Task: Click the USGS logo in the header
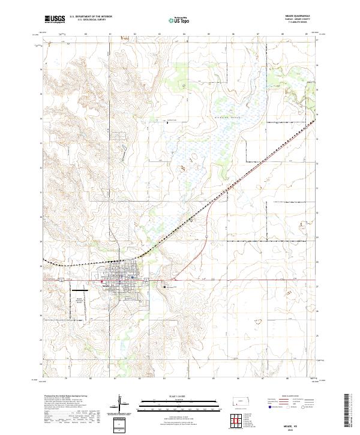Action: click(x=54, y=19)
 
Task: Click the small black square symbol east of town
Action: click(x=166, y=287)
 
